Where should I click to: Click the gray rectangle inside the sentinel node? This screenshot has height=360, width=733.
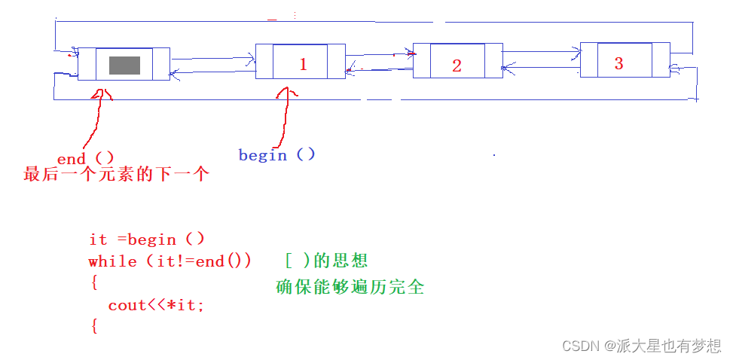[124, 65]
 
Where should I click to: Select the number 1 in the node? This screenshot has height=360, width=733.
[303, 65]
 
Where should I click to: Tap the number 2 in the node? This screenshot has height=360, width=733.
[457, 66]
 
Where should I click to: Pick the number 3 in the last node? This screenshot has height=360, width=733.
[618, 63]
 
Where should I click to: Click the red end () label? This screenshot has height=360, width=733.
[85, 158]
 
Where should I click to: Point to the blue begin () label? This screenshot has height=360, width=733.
[276, 155]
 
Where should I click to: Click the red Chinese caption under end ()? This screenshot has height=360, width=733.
[115, 175]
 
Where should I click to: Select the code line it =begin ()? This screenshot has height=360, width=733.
[146, 239]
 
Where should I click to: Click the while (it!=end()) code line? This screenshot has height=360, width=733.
[170, 261]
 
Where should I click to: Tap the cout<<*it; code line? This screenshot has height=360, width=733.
[156, 305]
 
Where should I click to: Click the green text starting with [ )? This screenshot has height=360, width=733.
[326, 261]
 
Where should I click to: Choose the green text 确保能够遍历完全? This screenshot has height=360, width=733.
[350, 287]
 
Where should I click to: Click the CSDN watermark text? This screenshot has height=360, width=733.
[642, 346]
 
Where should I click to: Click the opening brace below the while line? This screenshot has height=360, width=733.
[94, 283]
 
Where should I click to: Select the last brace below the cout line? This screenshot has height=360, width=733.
[94, 326]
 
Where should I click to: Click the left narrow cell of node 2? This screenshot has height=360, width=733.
[421, 60]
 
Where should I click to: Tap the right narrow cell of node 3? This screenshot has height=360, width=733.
[661, 59]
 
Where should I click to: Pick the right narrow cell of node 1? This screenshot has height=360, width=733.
[337, 61]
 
